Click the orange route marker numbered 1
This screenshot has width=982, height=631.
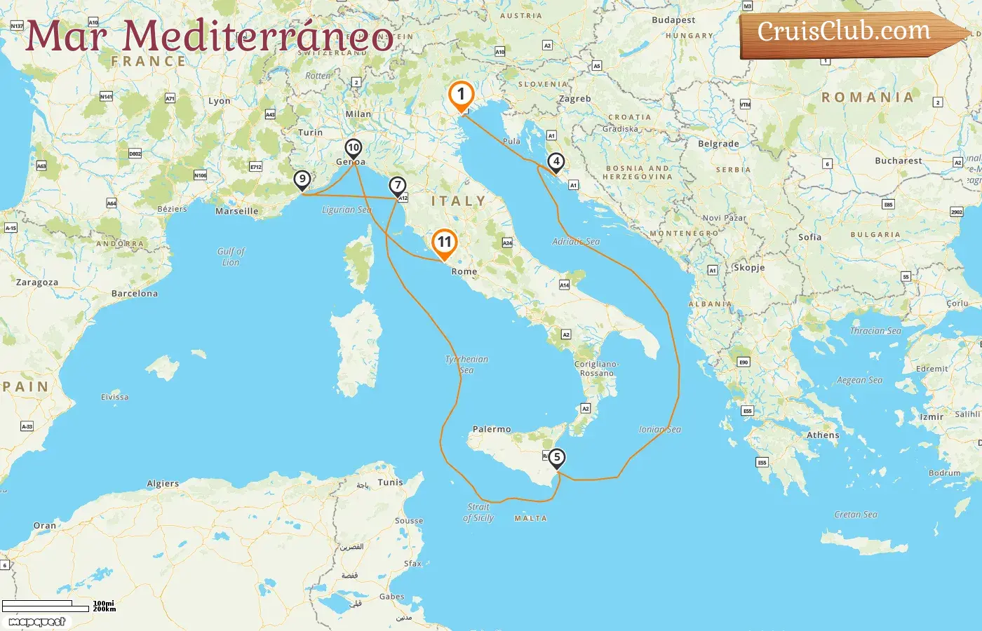point(461,95)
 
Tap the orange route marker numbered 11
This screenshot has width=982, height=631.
point(444,243)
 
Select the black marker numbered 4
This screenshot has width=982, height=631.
point(556,162)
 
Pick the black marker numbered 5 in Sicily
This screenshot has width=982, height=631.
point(556,458)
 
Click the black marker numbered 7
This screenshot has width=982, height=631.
point(398,186)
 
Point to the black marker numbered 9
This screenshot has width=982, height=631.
point(302,179)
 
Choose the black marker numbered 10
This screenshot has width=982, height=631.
point(354,148)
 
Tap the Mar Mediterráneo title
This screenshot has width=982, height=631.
point(209,36)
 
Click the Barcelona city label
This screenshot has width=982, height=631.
point(135,294)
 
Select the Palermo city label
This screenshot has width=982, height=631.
point(492,429)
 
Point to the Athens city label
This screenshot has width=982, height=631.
point(823,435)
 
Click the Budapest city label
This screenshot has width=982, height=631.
point(673,20)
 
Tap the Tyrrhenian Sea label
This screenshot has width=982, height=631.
point(466,365)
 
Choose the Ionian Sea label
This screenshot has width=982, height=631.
point(659,429)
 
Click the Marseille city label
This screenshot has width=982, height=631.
point(237,211)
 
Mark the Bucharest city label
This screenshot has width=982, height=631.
point(899,161)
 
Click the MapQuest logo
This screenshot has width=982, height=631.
point(37,621)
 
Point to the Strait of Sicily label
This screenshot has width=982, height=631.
point(478,513)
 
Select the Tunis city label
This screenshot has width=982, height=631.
point(391,482)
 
